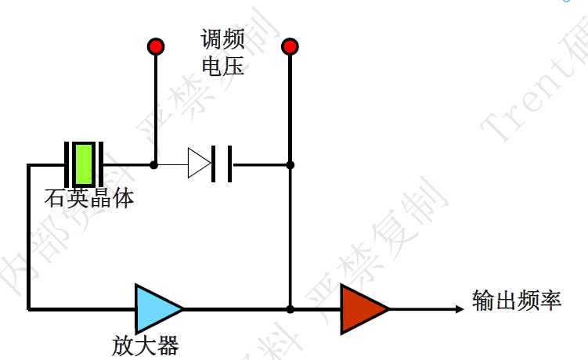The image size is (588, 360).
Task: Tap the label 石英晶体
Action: click(89, 197)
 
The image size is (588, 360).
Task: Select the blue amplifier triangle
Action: click(157, 308)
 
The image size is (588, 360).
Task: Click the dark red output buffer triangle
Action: click(363, 308)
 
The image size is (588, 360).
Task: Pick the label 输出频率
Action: click(517, 301)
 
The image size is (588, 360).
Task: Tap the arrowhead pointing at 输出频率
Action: click(459, 308)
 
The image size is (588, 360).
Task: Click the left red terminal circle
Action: click(155, 46)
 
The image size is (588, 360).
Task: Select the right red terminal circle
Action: click(290, 46)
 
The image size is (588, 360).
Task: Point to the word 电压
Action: click(222, 67)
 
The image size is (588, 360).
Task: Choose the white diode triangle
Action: click(198, 164)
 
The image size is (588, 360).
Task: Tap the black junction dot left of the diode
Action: click(154, 164)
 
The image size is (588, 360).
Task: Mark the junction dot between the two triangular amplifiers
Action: click(290, 308)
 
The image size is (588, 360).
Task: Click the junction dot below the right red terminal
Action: click(290, 164)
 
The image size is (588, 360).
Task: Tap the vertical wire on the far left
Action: click(28, 235)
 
